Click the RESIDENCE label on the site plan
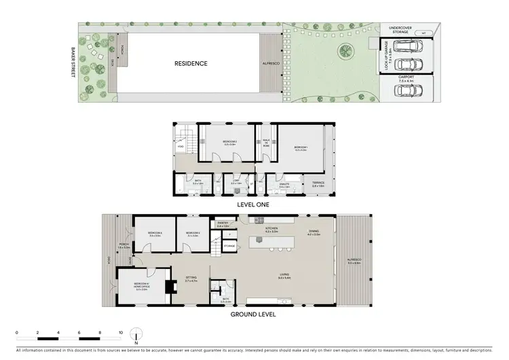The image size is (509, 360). point(191,64)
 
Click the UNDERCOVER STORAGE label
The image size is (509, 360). point(398,30)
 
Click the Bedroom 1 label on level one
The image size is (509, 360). point(300,147)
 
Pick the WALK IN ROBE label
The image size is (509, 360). point(267,143)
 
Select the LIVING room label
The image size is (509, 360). point(284,275)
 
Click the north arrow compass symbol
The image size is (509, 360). point(136,336)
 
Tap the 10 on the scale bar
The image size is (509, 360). point(121,333)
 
